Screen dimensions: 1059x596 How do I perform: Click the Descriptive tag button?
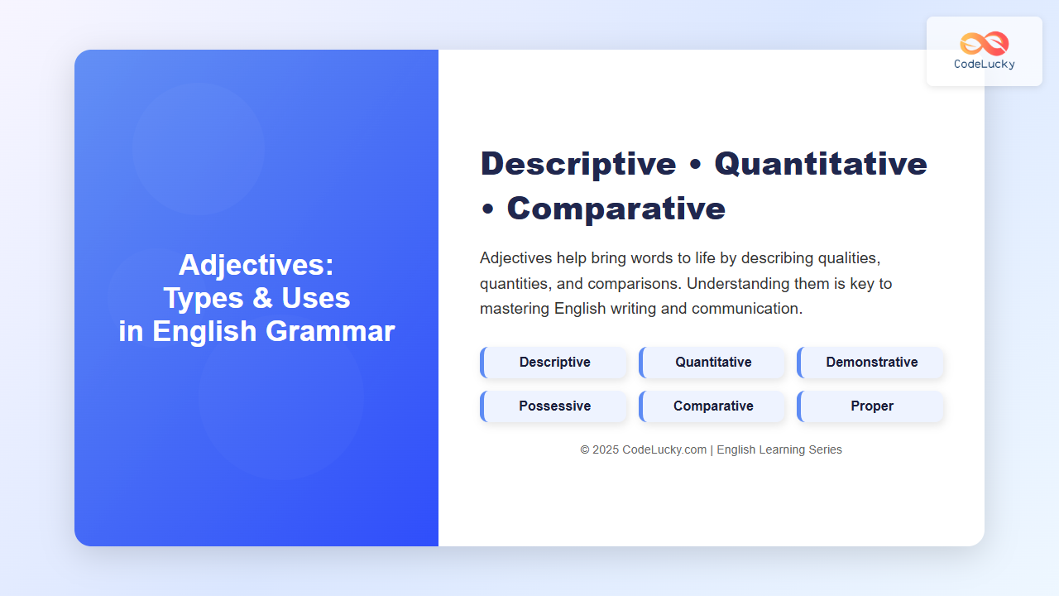pos(553,363)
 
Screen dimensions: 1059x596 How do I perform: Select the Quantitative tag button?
pos(712,363)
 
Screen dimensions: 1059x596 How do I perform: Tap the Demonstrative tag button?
pos(870,363)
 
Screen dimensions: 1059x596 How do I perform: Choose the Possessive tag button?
pos(553,406)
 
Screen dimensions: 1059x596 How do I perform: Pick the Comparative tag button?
pos(712,406)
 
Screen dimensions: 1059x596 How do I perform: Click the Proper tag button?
pos(870,406)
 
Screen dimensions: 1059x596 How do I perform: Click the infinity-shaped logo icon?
pos(985,44)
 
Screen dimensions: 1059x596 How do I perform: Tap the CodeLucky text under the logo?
pos(985,65)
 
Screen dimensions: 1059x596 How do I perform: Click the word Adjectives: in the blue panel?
pos(256,266)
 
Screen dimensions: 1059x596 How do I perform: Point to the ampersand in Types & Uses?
pos(263,298)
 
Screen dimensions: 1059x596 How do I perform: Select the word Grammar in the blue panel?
pos(330,331)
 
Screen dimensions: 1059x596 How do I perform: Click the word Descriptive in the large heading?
pos(578,165)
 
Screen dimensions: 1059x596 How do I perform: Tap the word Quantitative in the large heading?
pos(821,164)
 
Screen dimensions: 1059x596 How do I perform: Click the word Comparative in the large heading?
pos(616,209)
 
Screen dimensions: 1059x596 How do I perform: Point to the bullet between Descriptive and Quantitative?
pos(696,165)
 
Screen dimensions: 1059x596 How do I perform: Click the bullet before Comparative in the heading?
pos(487,209)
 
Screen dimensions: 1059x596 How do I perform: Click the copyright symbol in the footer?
pos(585,449)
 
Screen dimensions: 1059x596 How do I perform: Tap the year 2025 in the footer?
pos(606,449)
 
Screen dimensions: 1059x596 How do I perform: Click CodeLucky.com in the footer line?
pos(664,449)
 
